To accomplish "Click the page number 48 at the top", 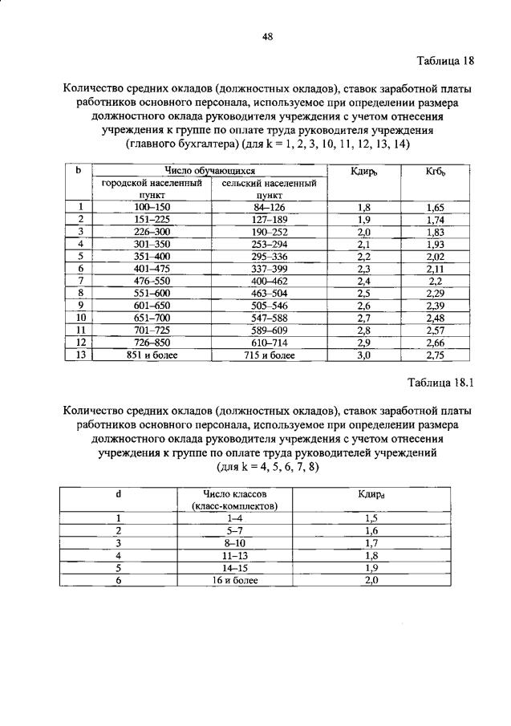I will tap(268, 35).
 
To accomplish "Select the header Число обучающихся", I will tap(209, 171).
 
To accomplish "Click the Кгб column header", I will tap(436, 171).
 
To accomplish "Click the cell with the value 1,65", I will tap(436, 207).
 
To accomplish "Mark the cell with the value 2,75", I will tap(436, 355).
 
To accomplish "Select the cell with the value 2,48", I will tap(436, 318).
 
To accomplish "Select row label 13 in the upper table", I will tap(79, 355).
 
